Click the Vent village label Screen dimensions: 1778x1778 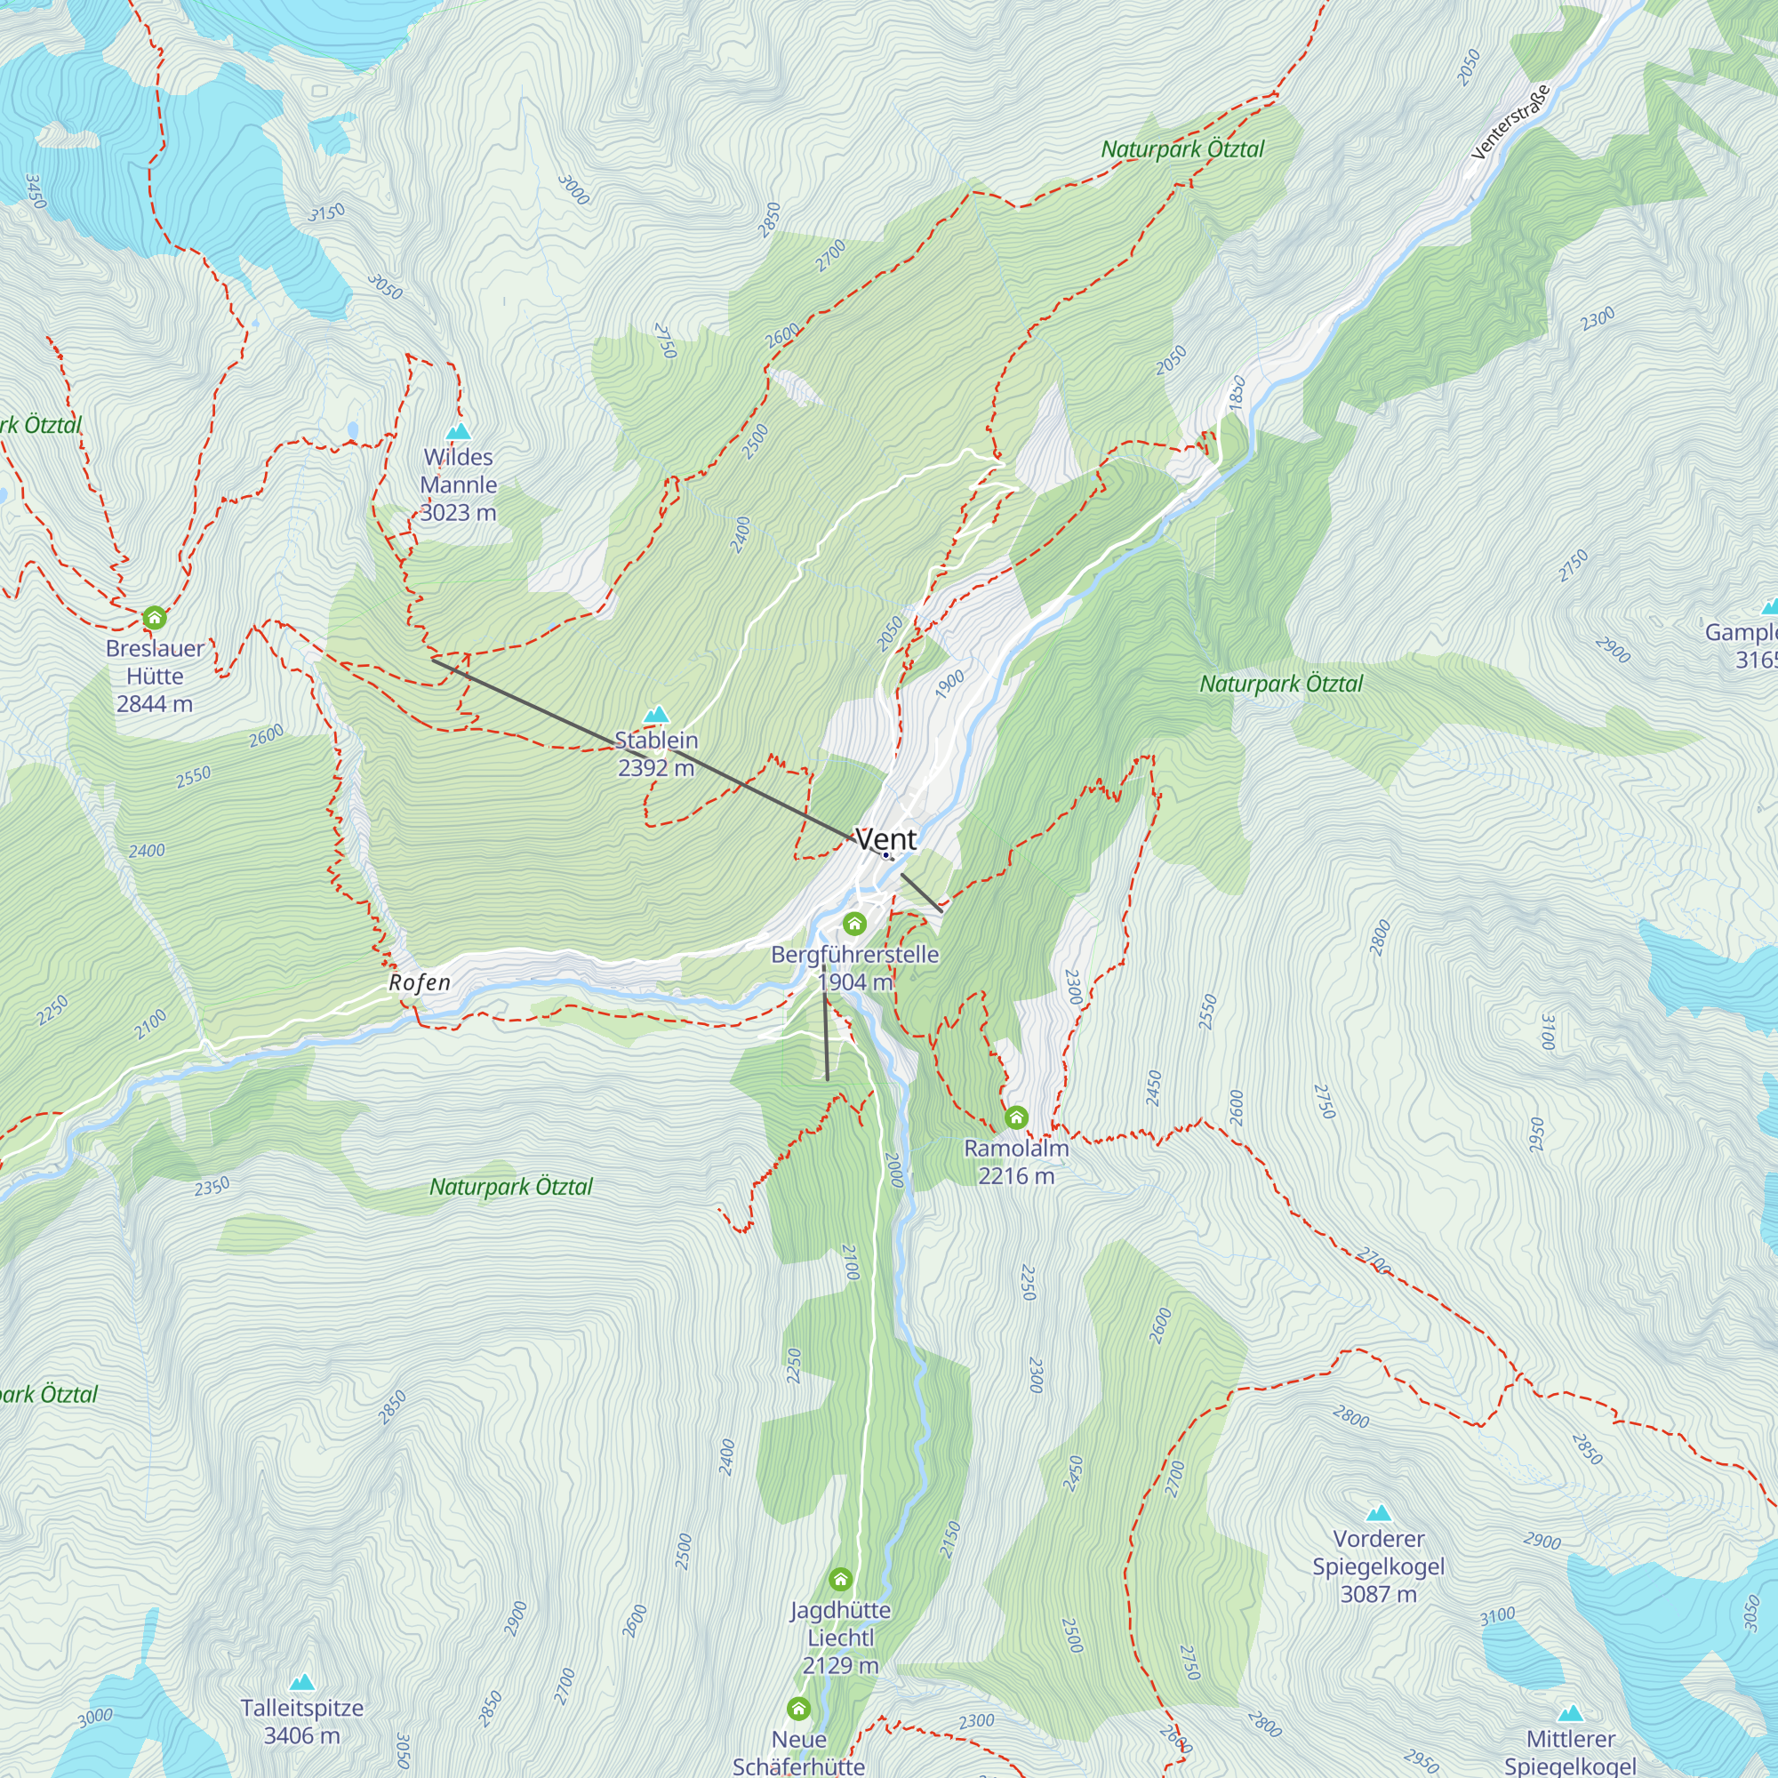885,838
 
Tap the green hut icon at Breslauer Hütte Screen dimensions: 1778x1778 155,617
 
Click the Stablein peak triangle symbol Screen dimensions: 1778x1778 656,714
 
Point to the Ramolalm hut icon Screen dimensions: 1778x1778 1016,1117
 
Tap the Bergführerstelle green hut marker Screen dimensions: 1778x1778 855,923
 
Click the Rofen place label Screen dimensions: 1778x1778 420,982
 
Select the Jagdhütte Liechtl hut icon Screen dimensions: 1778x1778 840,1580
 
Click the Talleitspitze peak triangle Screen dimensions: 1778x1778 302,1683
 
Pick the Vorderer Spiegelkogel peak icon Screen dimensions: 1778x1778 1378,1514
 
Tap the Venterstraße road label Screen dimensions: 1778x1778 1511,122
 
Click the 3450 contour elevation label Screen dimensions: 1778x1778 35,191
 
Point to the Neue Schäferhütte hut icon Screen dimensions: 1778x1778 799,1709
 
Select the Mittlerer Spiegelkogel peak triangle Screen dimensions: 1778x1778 1570,1714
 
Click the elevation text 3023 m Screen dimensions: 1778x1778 459,513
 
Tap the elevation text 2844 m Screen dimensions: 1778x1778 155,704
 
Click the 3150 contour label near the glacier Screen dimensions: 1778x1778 325,212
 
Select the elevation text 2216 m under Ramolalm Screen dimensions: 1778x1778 1016,1176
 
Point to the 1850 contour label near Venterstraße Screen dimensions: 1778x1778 1237,392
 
